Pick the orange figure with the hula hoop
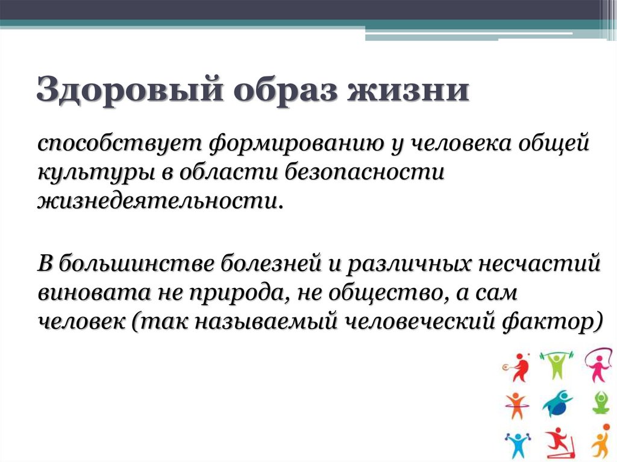pos(516,405)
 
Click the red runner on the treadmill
pos(557,443)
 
